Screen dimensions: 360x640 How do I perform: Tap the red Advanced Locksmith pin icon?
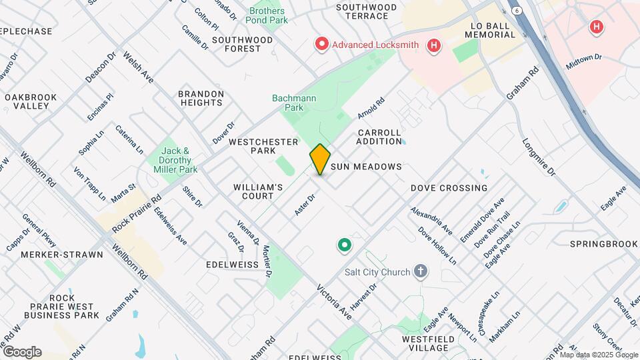(322, 45)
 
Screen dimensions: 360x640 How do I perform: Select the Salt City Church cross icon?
(420, 271)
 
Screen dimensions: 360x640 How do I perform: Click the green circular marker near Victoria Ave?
(344, 246)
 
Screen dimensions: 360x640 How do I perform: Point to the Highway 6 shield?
(517, 10)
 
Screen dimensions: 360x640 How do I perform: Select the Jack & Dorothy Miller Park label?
(177, 161)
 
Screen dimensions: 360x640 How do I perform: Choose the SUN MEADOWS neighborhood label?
(366, 167)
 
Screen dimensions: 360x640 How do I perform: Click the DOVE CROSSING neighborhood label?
(449, 188)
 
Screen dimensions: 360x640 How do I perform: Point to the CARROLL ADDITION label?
(379, 137)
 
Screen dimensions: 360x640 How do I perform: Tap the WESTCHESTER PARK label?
(253, 146)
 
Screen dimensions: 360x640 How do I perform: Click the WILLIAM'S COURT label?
(259, 191)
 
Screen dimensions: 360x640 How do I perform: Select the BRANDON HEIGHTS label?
(201, 98)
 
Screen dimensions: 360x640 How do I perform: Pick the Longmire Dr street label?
(539, 157)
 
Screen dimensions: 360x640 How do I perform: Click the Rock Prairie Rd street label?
(137, 213)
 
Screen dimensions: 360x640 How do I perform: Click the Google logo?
(22, 351)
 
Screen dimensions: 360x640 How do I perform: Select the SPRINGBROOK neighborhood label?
(604, 244)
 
